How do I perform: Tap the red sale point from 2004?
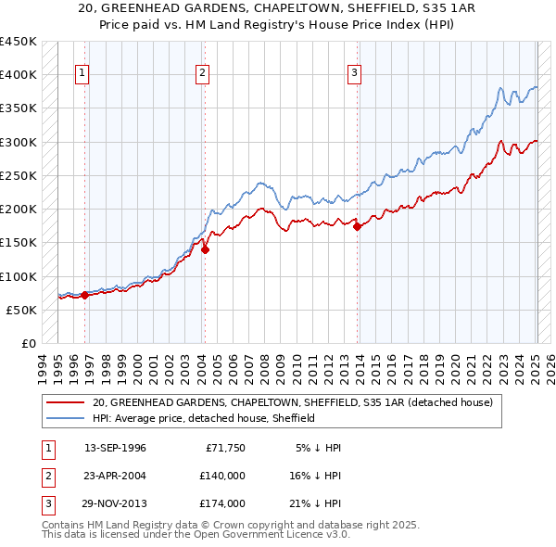click(x=205, y=248)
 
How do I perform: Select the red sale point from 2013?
click(x=358, y=226)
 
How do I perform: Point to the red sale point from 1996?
click(x=84, y=295)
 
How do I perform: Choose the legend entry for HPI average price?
click(x=204, y=418)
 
